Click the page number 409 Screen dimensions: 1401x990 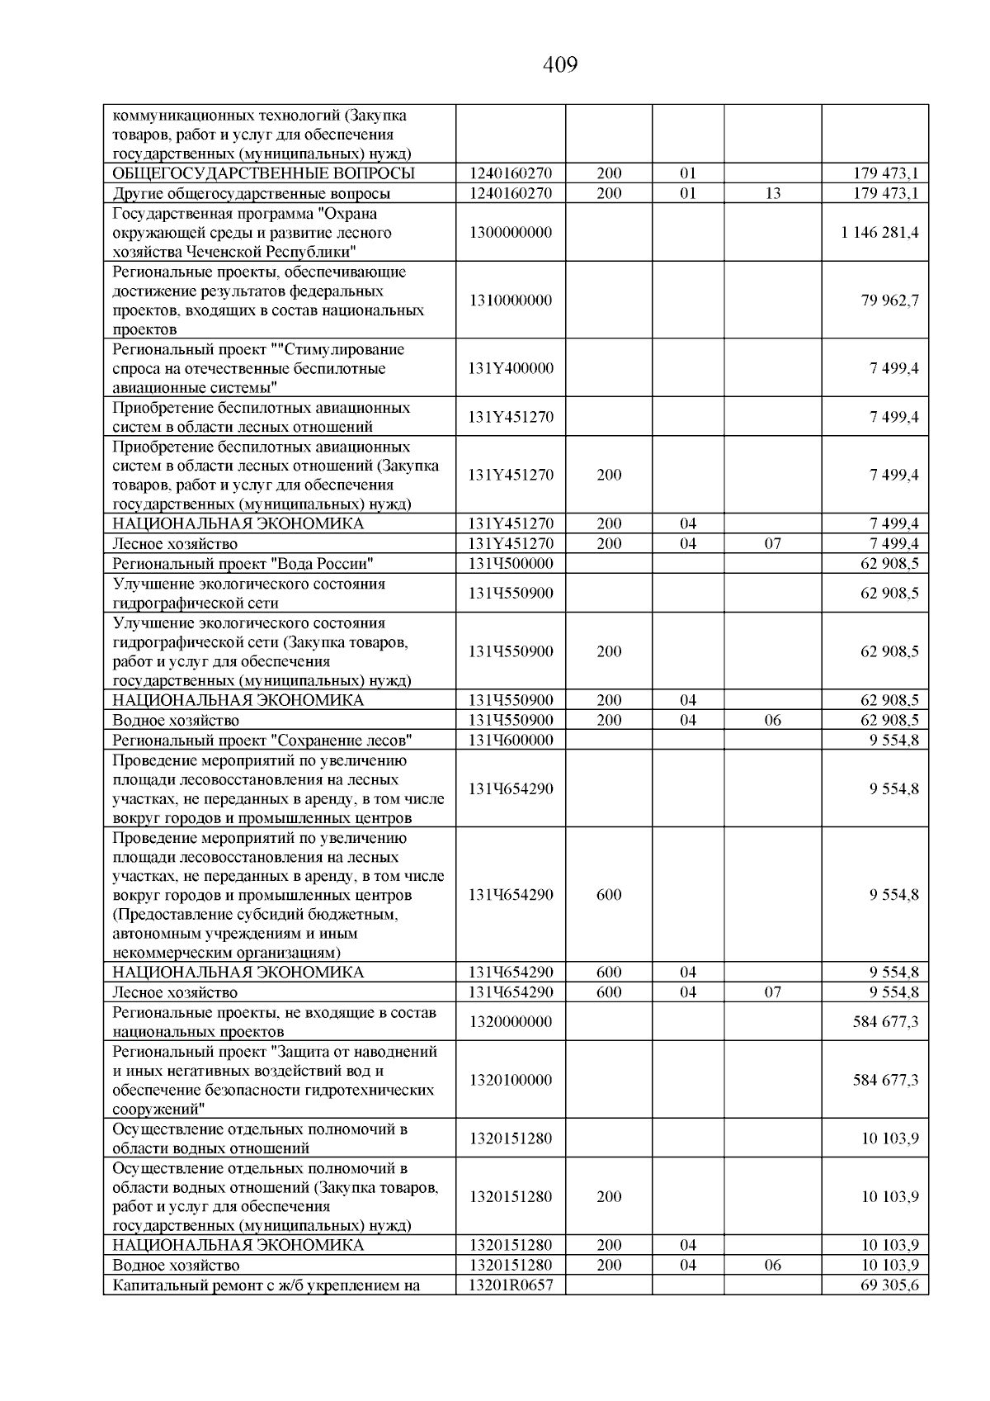[x=560, y=64]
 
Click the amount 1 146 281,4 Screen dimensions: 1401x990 [x=879, y=232]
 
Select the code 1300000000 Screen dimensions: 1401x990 [x=510, y=232]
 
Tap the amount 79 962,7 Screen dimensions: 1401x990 [x=889, y=301]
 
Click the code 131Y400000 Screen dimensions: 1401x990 [x=510, y=368]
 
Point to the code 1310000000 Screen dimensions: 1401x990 [x=510, y=301]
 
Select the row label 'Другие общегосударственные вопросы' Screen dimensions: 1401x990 [x=252, y=194]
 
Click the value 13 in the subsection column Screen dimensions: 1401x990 [x=772, y=194]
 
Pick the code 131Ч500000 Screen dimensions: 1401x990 [x=510, y=564]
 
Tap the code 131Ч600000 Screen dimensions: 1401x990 [x=510, y=740]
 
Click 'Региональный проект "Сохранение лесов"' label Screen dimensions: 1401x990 [x=262, y=740]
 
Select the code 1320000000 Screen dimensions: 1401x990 [x=510, y=1022]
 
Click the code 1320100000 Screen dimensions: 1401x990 [x=510, y=1080]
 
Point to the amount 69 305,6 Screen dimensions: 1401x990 [x=889, y=1285]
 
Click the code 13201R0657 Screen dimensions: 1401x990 [x=510, y=1285]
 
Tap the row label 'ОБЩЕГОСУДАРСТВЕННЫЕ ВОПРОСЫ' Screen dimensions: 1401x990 [x=263, y=173]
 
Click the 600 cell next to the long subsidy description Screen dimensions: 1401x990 [x=609, y=895]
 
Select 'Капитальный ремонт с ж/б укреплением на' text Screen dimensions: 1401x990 [x=266, y=1285]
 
